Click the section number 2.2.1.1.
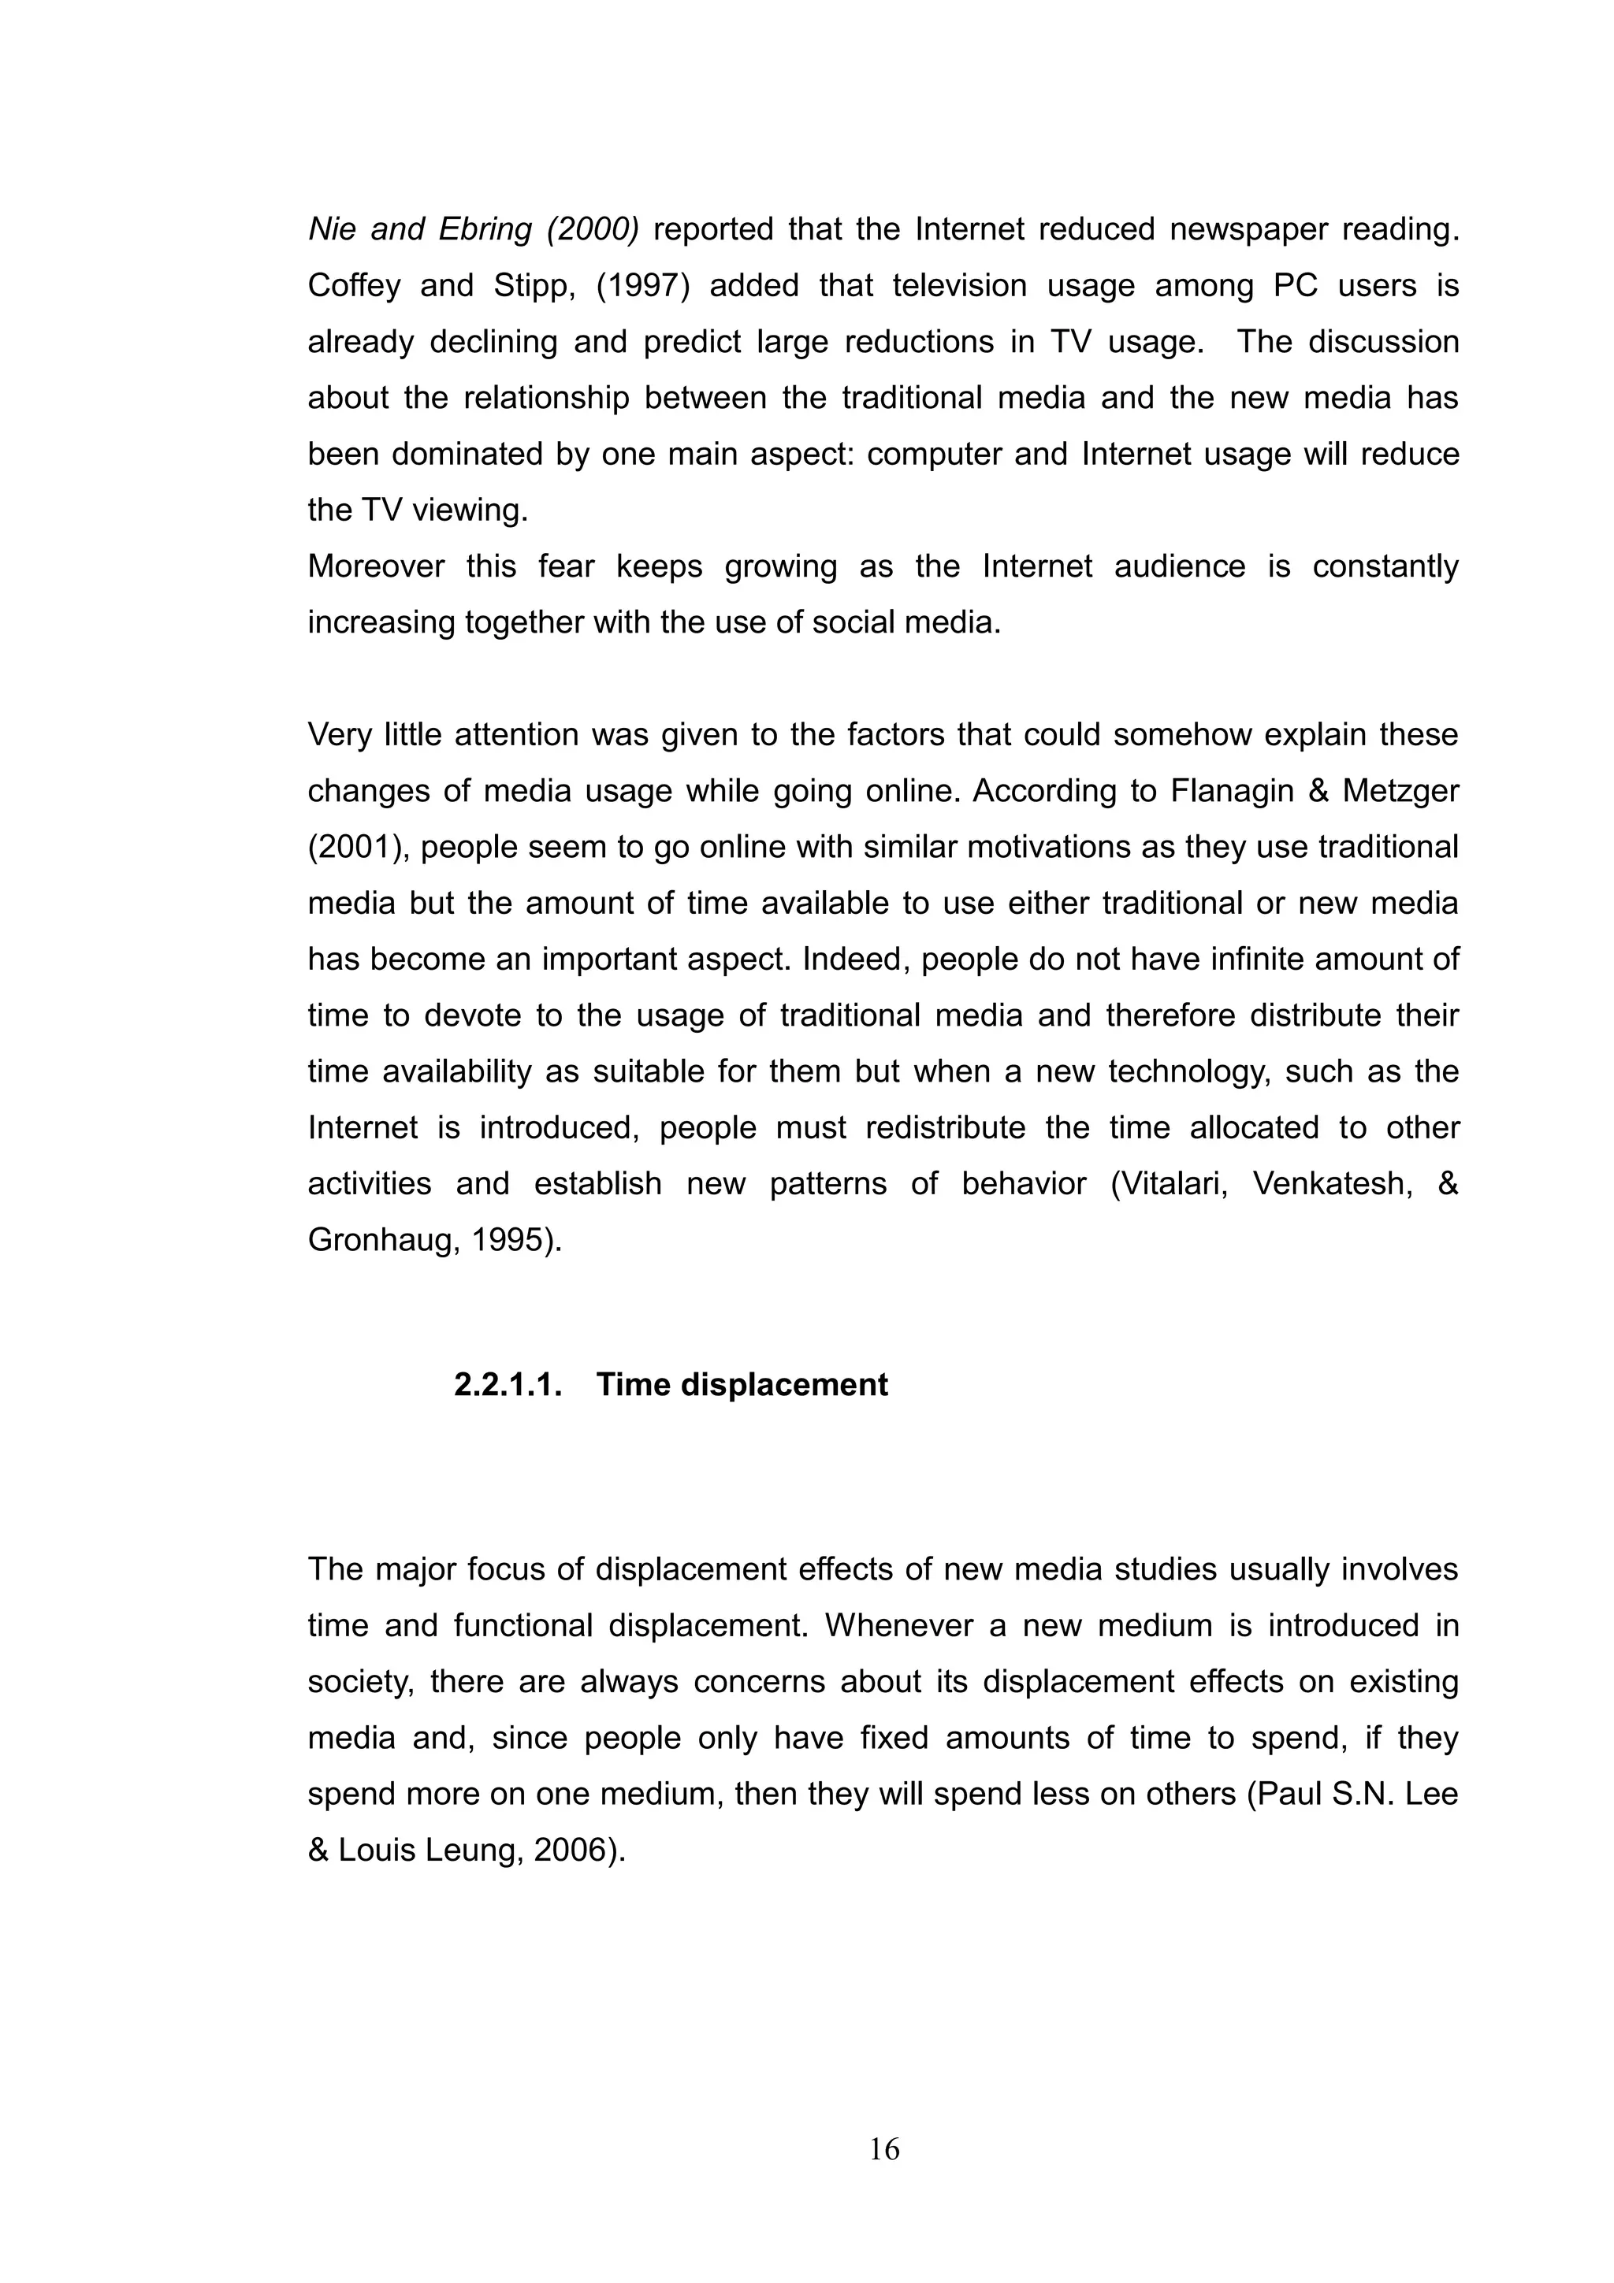click(508, 1384)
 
